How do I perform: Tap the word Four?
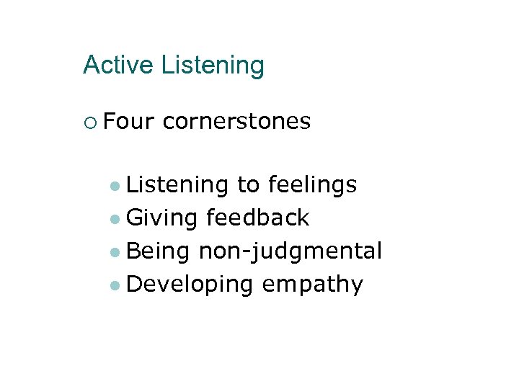point(128,122)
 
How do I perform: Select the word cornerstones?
point(236,122)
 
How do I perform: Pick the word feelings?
point(312,186)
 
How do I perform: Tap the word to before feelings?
point(248,186)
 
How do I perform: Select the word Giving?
point(161,218)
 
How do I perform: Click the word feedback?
point(257,218)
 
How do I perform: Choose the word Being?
point(158,251)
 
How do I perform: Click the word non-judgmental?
point(290,251)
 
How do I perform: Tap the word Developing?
point(190,285)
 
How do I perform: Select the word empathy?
point(312,285)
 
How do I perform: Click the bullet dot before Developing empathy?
point(115,285)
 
